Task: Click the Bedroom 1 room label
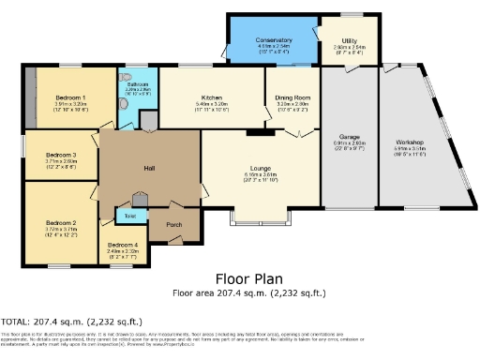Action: tap(71, 97)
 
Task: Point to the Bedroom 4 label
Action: tap(122, 245)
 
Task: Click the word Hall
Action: tap(148, 168)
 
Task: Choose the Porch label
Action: tap(173, 225)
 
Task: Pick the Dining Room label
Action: tap(291, 97)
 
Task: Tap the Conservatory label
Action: tap(273, 40)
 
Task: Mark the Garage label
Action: tap(349, 138)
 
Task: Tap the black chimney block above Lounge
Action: tap(254, 133)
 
